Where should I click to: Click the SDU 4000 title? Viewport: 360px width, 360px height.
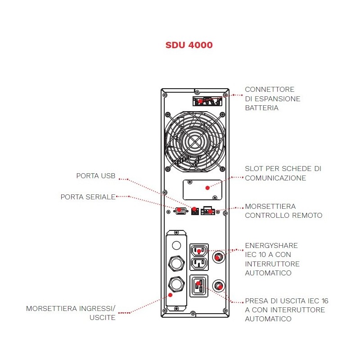pyautogui.click(x=189, y=45)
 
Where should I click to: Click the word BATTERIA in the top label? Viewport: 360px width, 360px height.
pyautogui.click(x=261, y=108)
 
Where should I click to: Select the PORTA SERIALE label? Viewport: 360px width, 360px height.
pyautogui.click(x=88, y=197)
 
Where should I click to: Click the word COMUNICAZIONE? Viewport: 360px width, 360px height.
pyautogui.click(x=275, y=178)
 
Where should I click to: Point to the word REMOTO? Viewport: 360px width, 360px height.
pyautogui.click(x=308, y=216)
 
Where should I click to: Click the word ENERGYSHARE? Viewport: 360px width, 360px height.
pyautogui.click(x=271, y=246)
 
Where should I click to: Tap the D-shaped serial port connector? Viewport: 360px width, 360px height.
pyautogui.click(x=181, y=211)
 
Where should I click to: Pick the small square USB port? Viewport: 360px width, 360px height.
pyautogui.click(x=194, y=211)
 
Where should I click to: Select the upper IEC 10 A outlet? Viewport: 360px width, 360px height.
pyautogui.click(x=199, y=250)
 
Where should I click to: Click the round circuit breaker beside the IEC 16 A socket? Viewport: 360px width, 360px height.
pyautogui.click(x=219, y=286)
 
